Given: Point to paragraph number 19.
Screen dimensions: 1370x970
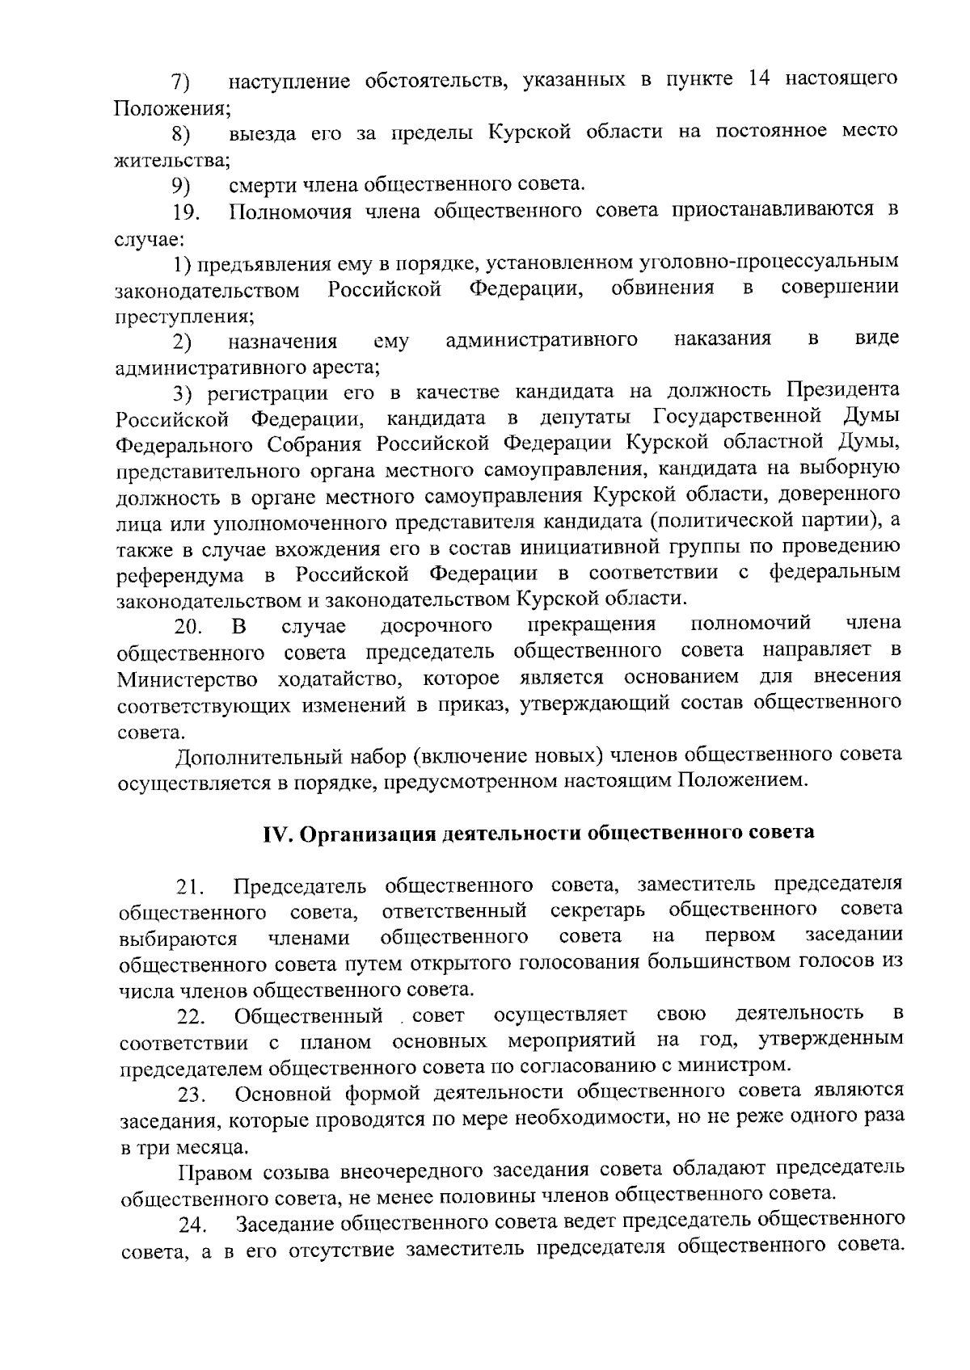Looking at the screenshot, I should [x=187, y=214].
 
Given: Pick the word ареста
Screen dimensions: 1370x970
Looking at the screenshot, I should [x=339, y=368].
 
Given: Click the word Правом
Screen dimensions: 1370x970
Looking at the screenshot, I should [x=211, y=1170].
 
